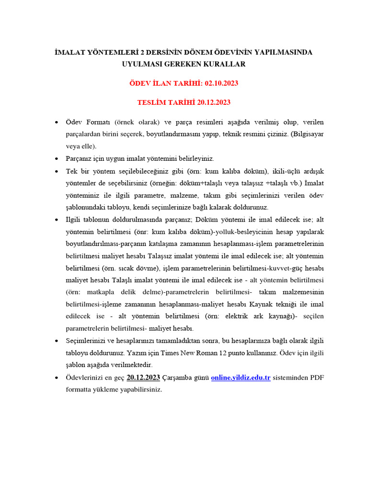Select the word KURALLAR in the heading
click(226, 64)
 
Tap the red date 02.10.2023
click(221, 83)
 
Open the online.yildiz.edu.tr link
click(241, 378)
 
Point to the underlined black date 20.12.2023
click(143, 378)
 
